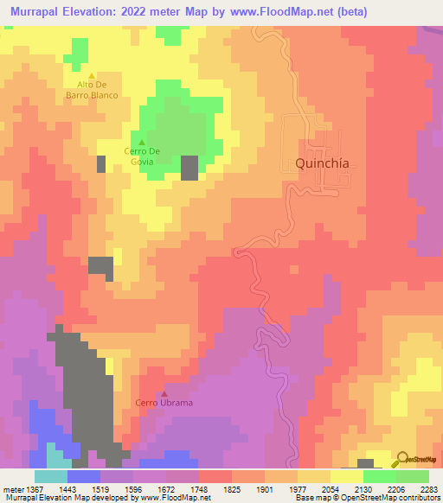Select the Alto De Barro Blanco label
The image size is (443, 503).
click(x=97, y=90)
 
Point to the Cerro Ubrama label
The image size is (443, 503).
click(x=164, y=403)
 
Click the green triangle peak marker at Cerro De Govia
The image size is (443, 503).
click(x=141, y=143)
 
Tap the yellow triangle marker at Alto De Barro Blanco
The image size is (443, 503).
click(x=91, y=76)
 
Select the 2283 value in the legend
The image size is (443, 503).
click(x=429, y=489)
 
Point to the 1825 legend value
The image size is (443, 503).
click(x=231, y=489)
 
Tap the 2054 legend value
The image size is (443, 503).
click(x=330, y=489)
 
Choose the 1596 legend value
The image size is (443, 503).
click(x=132, y=489)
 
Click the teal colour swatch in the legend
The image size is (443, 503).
click(x=50, y=476)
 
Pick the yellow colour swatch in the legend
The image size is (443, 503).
click(x=346, y=476)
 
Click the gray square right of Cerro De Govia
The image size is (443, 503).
click(x=189, y=168)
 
